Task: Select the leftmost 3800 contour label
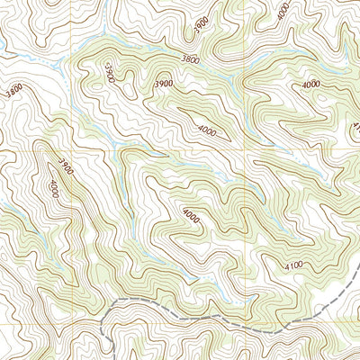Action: [13, 90]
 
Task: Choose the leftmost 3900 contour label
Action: [63, 166]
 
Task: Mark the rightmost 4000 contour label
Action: [310, 85]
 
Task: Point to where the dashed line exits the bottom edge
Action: [111, 358]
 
